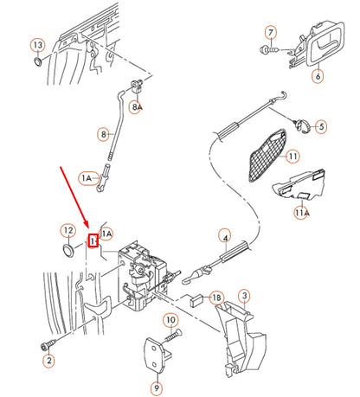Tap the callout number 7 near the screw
(x=270, y=34)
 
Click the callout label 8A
(x=136, y=106)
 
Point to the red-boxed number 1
(x=94, y=241)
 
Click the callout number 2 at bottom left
(x=49, y=360)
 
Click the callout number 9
(x=156, y=388)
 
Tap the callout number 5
(x=321, y=126)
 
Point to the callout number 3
(x=245, y=297)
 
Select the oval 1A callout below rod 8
(x=88, y=178)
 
